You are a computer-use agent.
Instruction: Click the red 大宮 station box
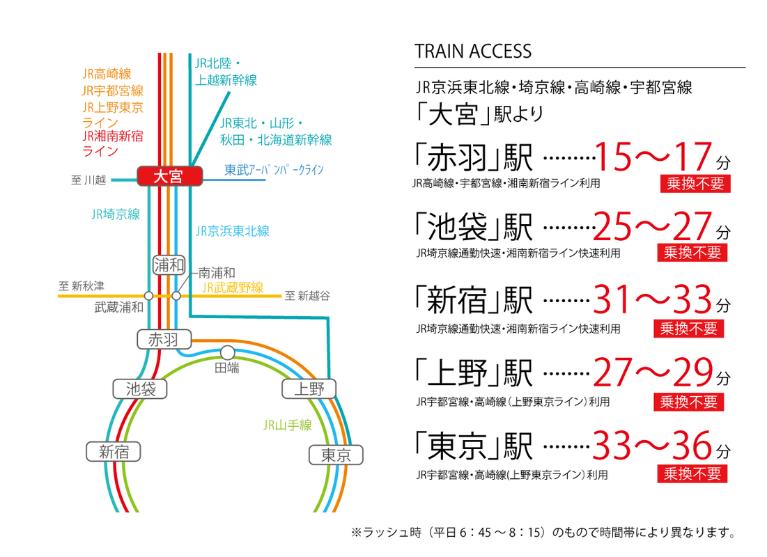[169, 176]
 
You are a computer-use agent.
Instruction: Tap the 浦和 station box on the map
[169, 265]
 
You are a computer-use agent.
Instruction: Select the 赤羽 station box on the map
[164, 339]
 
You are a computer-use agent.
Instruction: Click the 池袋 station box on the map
[141, 389]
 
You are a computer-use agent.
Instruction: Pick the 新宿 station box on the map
[114, 451]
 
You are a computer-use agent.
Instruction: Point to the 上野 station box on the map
[309, 389]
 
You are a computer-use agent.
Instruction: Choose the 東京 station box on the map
[336, 455]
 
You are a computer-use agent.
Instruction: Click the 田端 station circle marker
[228, 352]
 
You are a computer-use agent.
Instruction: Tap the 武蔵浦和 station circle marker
[148, 295]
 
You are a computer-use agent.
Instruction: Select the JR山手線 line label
[288, 425]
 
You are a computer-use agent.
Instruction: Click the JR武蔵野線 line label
[233, 288]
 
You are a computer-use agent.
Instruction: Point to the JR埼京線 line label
[116, 214]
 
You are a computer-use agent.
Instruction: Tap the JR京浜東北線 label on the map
[233, 231]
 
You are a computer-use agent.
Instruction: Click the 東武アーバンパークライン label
[274, 170]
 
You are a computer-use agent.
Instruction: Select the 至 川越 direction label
[88, 180]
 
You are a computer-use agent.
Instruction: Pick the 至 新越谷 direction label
[307, 295]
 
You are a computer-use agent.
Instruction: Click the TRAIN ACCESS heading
[473, 52]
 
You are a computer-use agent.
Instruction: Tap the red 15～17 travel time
[653, 157]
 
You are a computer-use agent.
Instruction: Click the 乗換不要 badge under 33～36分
[692, 474]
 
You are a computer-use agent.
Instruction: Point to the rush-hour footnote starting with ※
[543, 532]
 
